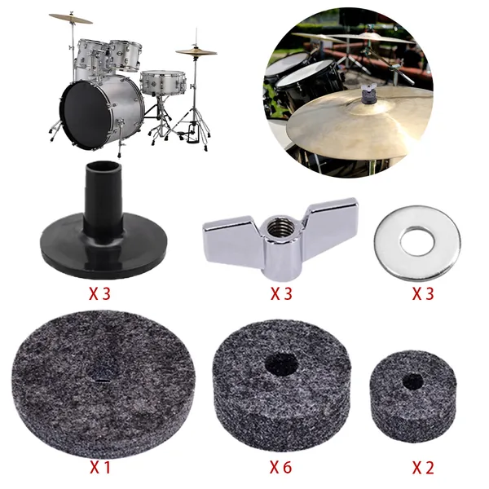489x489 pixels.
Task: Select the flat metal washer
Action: click(417, 243)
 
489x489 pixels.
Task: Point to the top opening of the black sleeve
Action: click(104, 167)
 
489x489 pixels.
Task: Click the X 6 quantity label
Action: click(280, 467)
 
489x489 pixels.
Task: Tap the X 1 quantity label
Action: click(100, 467)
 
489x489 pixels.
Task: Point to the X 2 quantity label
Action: click(423, 467)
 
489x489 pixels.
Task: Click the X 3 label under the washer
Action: click(423, 293)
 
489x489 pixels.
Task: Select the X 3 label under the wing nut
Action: click(281, 293)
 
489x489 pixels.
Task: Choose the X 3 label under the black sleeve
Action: click(99, 293)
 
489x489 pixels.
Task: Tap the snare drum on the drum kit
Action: click(163, 82)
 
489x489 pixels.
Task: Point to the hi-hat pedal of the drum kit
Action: click(192, 134)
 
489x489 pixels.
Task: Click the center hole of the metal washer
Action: click(417, 242)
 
